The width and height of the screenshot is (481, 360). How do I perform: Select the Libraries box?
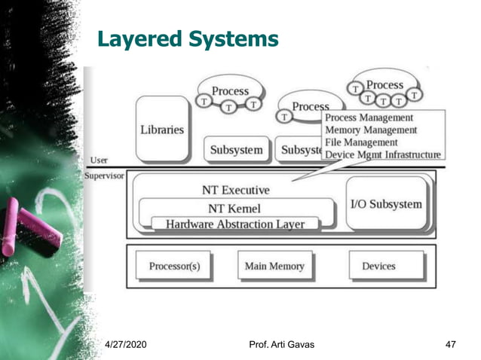(x=161, y=130)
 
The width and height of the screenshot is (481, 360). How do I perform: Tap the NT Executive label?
(x=235, y=190)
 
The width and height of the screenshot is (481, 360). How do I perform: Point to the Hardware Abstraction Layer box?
(x=235, y=224)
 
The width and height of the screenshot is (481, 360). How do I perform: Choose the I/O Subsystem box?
(x=387, y=204)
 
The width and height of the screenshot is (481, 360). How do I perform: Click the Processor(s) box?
(x=174, y=267)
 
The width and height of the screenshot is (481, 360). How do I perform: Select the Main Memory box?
(x=274, y=267)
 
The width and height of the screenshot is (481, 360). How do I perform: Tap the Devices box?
(x=378, y=267)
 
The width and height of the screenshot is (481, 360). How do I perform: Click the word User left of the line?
(x=99, y=160)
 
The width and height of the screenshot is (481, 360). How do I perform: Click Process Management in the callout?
(x=369, y=117)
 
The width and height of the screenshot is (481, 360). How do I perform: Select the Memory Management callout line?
(x=370, y=130)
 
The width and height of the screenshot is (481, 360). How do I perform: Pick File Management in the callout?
(x=360, y=142)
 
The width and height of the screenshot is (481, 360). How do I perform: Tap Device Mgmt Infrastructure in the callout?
(x=382, y=154)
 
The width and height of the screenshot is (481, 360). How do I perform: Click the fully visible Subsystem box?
(x=237, y=150)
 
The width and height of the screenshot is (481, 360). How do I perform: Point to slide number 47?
(x=451, y=345)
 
